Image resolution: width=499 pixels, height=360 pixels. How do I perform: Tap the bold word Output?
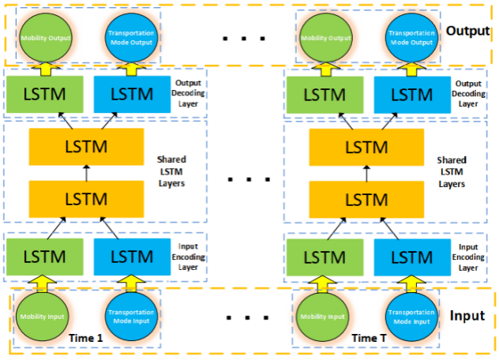(x=467, y=32)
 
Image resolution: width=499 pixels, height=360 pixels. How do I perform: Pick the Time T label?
(x=370, y=338)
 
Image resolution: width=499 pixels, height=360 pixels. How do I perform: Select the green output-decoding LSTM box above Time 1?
(x=46, y=93)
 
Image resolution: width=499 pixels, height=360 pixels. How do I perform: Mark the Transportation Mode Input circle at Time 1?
(x=128, y=318)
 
